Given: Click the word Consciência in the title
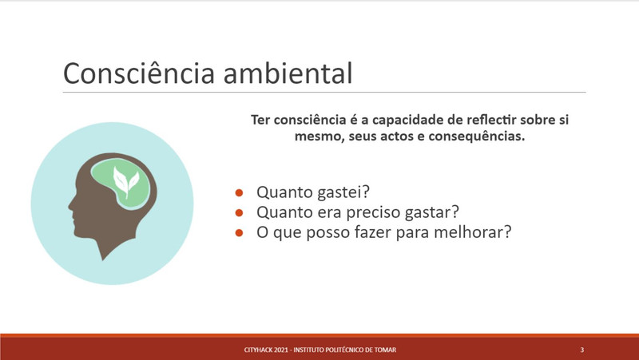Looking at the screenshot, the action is [139, 73].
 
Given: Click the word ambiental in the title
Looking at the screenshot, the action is [288, 73].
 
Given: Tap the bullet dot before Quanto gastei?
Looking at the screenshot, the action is [239, 192].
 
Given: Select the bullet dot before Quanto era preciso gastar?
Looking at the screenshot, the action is [239, 212].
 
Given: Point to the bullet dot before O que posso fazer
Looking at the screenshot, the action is [239, 232].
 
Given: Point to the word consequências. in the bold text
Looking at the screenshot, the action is [476, 136].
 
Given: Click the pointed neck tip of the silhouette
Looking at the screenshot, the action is [103, 258].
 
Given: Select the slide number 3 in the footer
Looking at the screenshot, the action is [582, 350].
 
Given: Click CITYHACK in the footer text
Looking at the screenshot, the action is [258, 350].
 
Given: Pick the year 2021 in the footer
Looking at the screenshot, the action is [281, 350].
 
